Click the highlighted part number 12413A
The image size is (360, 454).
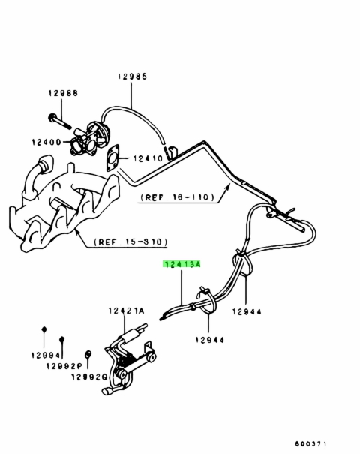[x=181, y=264]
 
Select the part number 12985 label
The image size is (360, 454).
[x=133, y=76]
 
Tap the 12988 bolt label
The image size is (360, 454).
[x=63, y=93]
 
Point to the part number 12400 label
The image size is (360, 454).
[x=46, y=142]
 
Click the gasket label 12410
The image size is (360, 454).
[x=148, y=158]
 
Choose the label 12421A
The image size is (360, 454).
[x=127, y=311]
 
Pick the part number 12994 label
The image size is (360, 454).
[x=46, y=355]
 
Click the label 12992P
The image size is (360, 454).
[x=64, y=366]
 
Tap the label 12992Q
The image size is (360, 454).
[x=89, y=377]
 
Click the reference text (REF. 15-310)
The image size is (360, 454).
[x=130, y=242]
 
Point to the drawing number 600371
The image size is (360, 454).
[x=310, y=443]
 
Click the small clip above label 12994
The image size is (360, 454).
[x=44, y=329]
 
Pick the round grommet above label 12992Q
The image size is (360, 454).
[x=88, y=353]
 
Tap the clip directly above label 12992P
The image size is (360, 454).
[x=61, y=340]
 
